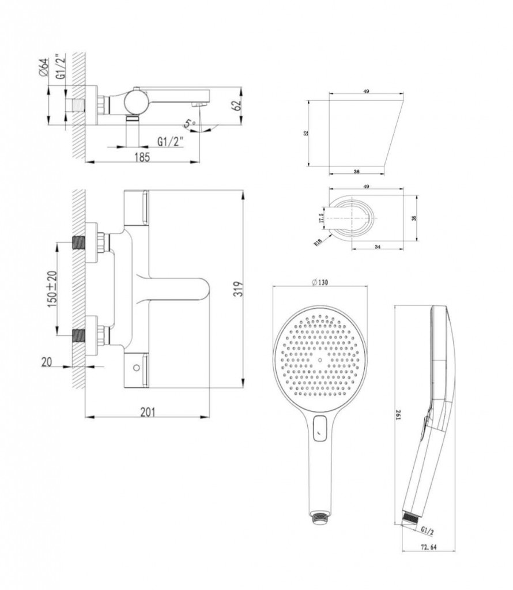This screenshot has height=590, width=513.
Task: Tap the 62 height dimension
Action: tap(235, 107)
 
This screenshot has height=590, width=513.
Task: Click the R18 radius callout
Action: tap(318, 243)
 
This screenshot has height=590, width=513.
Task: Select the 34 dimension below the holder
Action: tap(377, 246)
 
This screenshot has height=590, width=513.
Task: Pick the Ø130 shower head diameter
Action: tap(319, 282)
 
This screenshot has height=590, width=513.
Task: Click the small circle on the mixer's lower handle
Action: tap(137, 366)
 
